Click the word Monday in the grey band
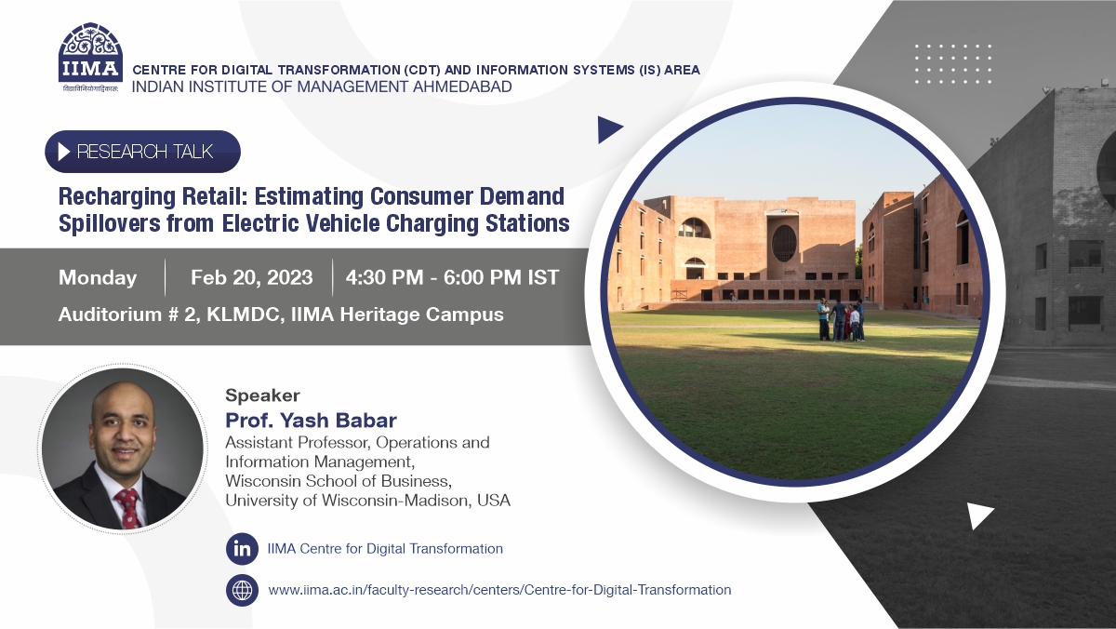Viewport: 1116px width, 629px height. coord(98,277)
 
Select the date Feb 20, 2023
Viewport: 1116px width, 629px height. coord(251,277)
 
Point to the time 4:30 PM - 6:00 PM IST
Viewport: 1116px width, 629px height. coord(452,277)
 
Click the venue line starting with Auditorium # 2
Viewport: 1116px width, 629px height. coord(281,314)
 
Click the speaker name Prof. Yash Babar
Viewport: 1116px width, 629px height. coord(311,421)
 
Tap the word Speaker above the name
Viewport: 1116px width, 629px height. coord(262,395)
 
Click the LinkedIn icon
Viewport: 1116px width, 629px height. coord(242,549)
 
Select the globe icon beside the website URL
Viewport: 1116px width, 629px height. coord(242,590)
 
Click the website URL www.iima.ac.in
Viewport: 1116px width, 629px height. coord(499,590)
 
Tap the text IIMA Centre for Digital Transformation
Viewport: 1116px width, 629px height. coord(385,549)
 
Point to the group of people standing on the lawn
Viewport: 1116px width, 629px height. coord(841,320)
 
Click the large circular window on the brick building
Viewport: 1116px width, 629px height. coord(784,243)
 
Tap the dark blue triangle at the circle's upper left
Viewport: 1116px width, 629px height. coord(608,129)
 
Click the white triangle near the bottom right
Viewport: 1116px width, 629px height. coord(978,515)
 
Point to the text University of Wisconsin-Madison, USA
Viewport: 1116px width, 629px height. coord(367,501)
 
